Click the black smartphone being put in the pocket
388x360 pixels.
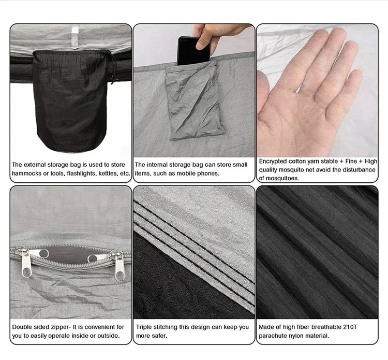[x=193, y=51]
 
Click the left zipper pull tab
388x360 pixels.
[x=25, y=263]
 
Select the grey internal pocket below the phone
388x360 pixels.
[x=196, y=102]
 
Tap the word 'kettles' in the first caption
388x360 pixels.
[x=109, y=174]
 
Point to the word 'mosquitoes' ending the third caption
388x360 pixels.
[x=282, y=178]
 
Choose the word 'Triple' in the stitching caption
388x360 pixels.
[x=144, y=327]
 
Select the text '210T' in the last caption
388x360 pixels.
[x=350, y=327]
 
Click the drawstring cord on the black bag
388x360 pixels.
[x=113, y=67]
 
